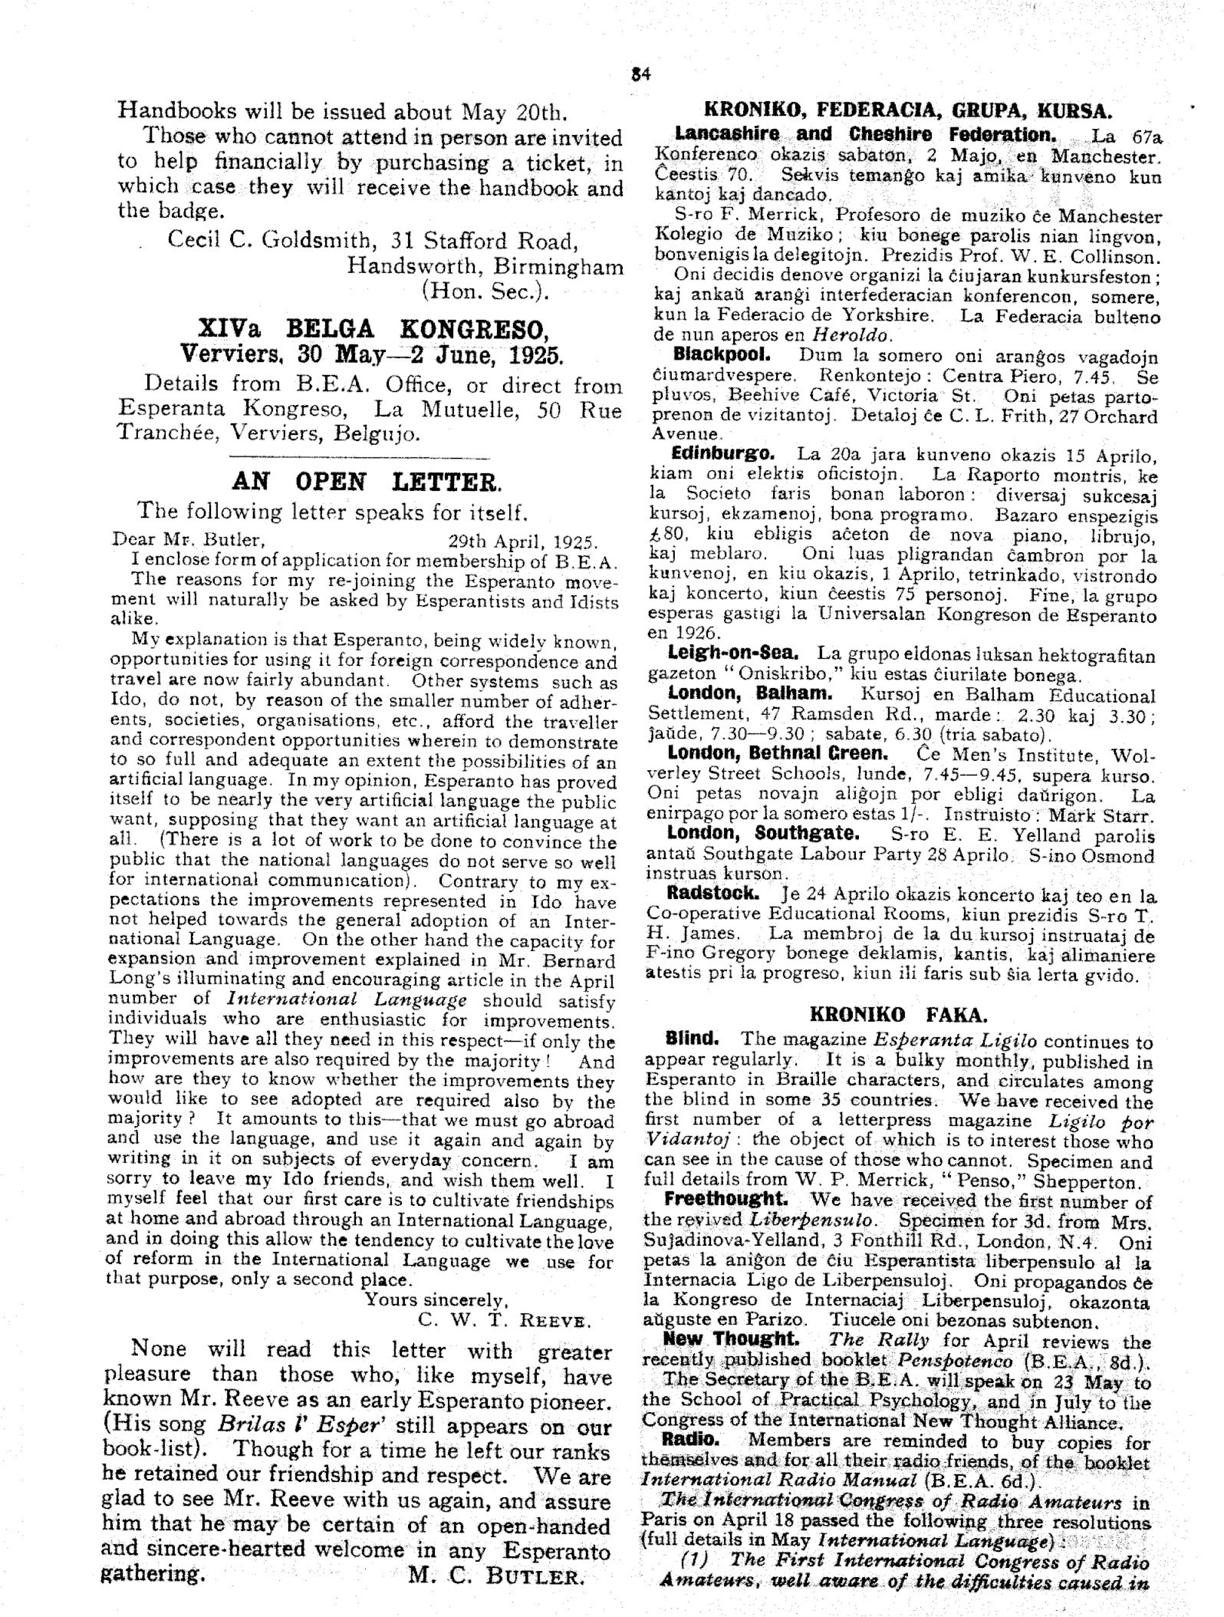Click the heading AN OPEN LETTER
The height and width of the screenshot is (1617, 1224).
point(367,482)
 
